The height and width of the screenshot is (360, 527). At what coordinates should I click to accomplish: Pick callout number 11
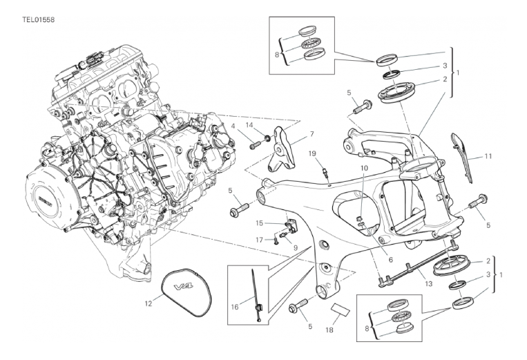click(488, 157)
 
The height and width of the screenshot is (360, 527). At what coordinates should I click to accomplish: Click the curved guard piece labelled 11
click(464, 155)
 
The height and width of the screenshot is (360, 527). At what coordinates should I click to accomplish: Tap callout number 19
click(312, 153)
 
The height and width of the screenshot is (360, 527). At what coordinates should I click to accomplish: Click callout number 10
click(363, 168)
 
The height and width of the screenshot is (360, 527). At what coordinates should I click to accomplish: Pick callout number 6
click(390, 260)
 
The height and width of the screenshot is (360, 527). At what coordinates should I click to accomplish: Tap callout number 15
click(260, 222)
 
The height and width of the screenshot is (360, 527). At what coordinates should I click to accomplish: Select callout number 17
click(258, 240)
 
